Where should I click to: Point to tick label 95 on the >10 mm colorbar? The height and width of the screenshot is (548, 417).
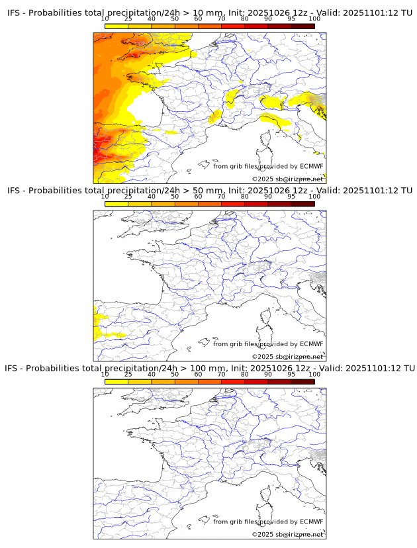click(291, 20)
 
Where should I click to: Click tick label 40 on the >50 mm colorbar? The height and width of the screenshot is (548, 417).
click(152, 197)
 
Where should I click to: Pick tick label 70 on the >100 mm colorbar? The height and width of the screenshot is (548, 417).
click(221, 375)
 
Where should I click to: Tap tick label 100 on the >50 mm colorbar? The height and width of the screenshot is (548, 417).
click(314, 197)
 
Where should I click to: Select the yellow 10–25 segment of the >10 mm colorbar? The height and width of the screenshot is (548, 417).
click(116, 26)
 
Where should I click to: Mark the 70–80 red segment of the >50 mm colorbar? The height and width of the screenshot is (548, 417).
click(233, 204)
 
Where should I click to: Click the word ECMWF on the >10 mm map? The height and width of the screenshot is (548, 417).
click(311, 167)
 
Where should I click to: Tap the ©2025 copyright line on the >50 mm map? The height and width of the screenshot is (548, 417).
click(287, 357)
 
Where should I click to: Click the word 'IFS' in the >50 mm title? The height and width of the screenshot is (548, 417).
click(15, 191)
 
